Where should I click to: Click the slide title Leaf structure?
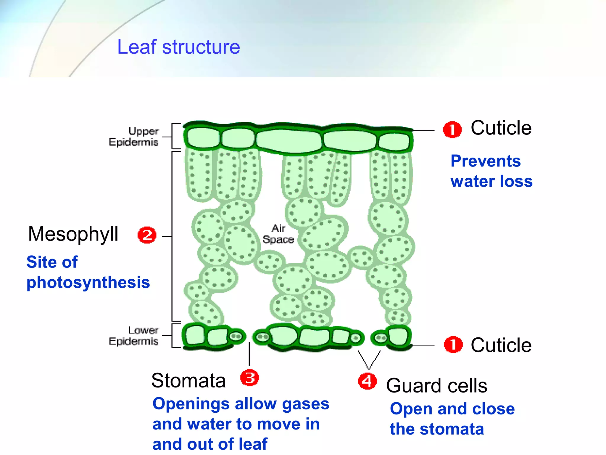[x=178, y=47]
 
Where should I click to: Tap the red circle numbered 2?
[x=147, y=235]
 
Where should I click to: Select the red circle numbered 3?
[x=249, y=378]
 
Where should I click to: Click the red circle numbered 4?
[x=367, y=381]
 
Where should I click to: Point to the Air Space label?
[x=278, y=234]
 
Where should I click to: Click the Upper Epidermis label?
[x=134, y=137]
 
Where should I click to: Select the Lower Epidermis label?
[x=134, y=336]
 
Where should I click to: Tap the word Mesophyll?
[x=73, y=234]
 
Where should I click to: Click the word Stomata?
[x=188, y=380]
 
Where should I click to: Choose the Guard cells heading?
[x=436, y=386]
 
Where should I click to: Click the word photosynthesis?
[x=88, y=282]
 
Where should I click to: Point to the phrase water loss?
[x=491, y=181]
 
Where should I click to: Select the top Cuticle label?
[x=501, y=128]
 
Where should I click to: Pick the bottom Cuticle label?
[x=501, y=345]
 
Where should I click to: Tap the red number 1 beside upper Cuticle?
[x=452, y=130]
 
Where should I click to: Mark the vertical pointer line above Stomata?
[x=249, y=354]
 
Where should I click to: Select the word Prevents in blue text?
[x=485, y=161]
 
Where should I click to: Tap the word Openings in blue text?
[x=191, y=404]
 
